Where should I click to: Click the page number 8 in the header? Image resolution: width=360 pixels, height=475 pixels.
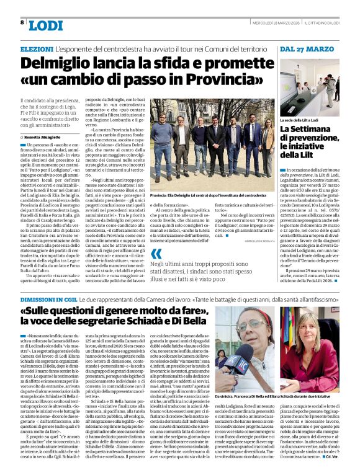(x=22, y=23)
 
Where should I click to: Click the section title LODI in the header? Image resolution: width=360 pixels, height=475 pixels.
(x=45, y=25)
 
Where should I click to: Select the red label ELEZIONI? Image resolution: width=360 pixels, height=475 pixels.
(x=37, y=48)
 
